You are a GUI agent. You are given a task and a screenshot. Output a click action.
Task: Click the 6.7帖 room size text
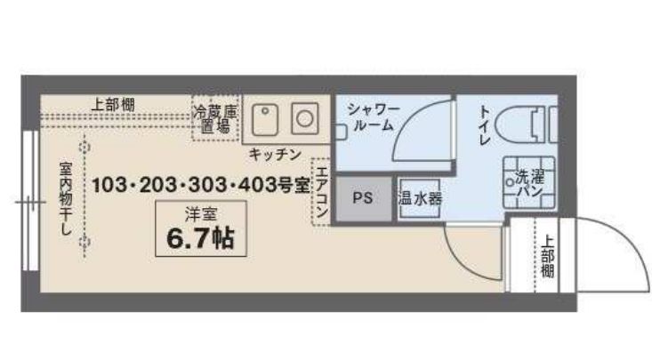(x=201, y=238)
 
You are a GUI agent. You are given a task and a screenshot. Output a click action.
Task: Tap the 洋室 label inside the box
(x=201, y=214)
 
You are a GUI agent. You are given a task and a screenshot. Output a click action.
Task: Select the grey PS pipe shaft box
(x=364, y=199)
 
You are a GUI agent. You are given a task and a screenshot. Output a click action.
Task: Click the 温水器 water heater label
(x=420, y=199)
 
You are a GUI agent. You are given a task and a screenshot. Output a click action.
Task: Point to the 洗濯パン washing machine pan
(x=529, y=182)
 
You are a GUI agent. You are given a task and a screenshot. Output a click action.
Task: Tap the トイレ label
(x=485, y=124)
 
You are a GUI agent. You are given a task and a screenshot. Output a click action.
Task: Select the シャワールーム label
(x=373, y=117)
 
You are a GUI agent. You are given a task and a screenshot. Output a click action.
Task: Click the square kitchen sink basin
(x=265, y=120)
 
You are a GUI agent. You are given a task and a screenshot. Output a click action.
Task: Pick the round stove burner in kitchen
(x=305, y=119)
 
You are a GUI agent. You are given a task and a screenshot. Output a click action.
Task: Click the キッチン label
(x=275, y=155)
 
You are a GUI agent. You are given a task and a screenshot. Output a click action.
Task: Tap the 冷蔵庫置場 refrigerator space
(x=215, y=118)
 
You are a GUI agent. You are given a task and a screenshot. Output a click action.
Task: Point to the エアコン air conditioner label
(x=321, y=191)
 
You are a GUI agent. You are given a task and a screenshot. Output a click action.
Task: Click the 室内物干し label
(x=66, y=198)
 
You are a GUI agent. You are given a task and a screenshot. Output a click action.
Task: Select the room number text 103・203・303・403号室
(x=201, y=185)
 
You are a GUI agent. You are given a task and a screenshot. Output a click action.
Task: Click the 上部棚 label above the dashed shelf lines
(x=113, y=104)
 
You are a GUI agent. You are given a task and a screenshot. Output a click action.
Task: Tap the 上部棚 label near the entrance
(x=547, y=257)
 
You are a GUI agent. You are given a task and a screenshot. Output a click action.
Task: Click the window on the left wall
(x=30, y=201)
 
